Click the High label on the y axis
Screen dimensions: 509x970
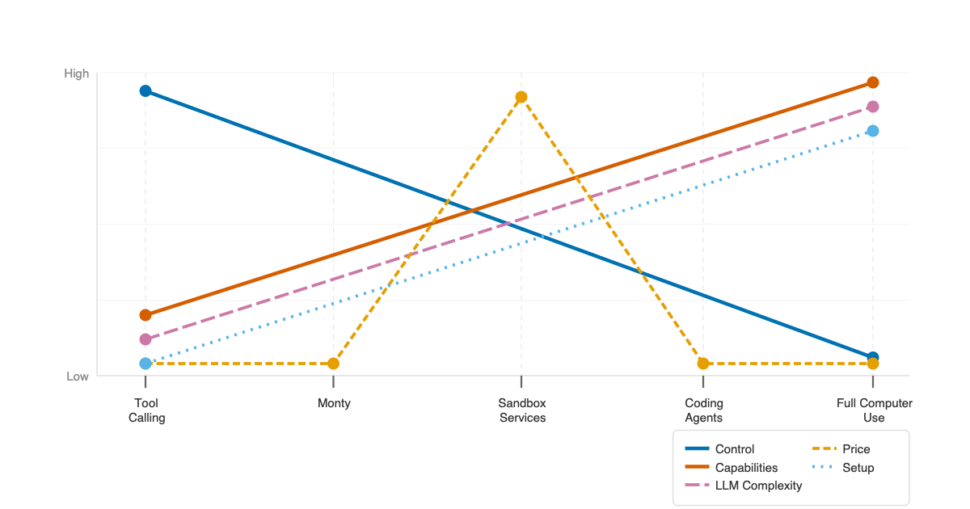tap(77, 74)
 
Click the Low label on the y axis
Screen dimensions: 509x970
tap(78, 376)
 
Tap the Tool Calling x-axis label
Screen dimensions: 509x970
tap(146, 410)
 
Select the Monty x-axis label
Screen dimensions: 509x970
tap(334, 403)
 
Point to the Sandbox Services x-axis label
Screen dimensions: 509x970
tap(521, 410)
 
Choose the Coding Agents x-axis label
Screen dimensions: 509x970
tap(703, 410)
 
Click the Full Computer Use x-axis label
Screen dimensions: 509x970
tap(873, 410)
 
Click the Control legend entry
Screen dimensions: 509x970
tap(734, 449)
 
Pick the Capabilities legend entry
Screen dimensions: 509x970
tap(746, 468)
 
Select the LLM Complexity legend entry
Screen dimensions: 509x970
tap(758, 486)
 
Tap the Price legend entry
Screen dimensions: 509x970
tap(856, 449)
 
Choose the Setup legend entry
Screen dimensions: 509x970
tap(858, 468)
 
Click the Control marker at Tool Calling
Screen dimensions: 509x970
tap(145, 90)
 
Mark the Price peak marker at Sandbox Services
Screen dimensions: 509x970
tap(521, 97)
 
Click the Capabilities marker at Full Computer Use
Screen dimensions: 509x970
tap(873, 82)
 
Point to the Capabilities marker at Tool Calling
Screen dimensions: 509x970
tap(145, 315)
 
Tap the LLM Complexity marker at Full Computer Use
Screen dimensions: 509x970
tap(873, 107)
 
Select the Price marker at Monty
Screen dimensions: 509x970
tap(334, 364)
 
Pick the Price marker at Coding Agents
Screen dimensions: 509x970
tap(703, 364)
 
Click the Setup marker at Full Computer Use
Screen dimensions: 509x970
tap(873, 131)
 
